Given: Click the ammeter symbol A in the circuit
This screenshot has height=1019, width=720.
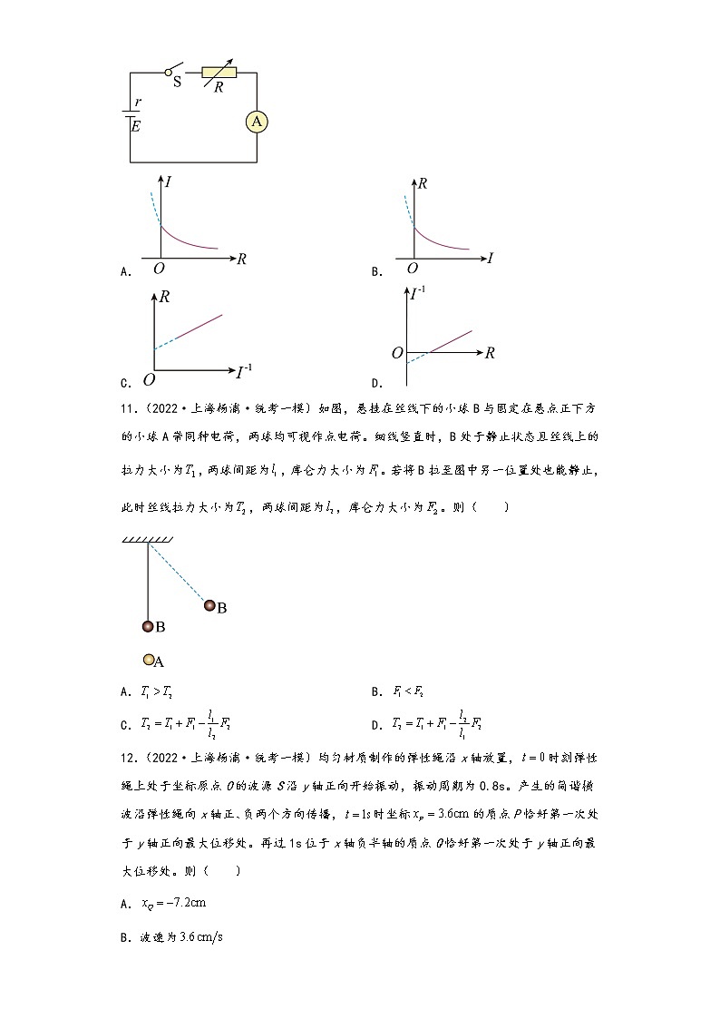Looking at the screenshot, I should click(x=258, y=122).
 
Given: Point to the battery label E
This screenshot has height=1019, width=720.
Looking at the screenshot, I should click(x=136, y=127).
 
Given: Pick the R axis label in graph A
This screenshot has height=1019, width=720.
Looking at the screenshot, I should click(x=241, y=259).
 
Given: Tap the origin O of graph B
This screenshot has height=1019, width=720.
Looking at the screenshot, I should click(x=413, y=269).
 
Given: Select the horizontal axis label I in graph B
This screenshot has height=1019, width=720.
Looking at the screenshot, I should click(x=490, y=259).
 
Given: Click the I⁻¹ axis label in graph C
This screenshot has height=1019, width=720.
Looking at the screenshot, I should click(x=244, y=369).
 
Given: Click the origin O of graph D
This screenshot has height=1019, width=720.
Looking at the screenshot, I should click(x=396, y=352).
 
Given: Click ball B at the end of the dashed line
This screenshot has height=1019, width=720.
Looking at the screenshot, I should click(x=210, y=605).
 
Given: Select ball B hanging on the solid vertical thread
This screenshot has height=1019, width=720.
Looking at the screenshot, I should click(x=148, y=625).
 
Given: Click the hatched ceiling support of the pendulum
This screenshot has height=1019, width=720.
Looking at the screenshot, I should click(x=148, y=540).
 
